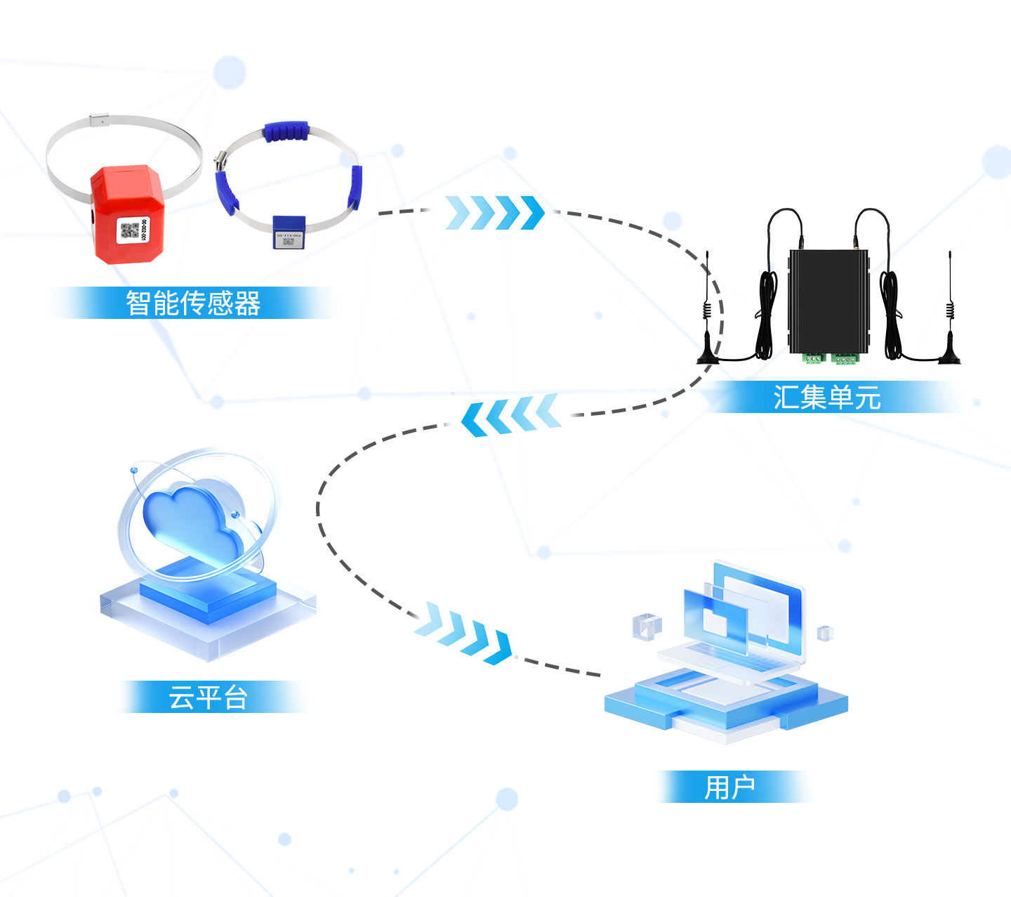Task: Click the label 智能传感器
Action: tap(193, 303)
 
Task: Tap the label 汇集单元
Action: tap(827, 398)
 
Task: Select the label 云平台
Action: tap(208, 698)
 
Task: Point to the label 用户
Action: tap(729, 787)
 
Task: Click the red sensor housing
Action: tap(127, 214)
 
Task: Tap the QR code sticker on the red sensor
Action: tap(133, 230)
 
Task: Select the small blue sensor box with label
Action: tap(289, 232)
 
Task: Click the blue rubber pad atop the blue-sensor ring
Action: tap(286, 131)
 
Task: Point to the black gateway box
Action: tap(828, 301)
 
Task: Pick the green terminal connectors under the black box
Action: tap(831, 358)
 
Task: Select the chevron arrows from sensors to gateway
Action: tap(495, 213)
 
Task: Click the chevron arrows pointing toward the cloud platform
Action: tap(510, 414)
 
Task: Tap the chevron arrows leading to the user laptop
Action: tap(463, 632)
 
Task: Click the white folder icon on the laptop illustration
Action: tap(715, 622)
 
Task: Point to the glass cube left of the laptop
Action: tap(647, 627)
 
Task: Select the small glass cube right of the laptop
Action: tap(825, 633)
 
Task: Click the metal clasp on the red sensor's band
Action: tap(99, 121)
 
